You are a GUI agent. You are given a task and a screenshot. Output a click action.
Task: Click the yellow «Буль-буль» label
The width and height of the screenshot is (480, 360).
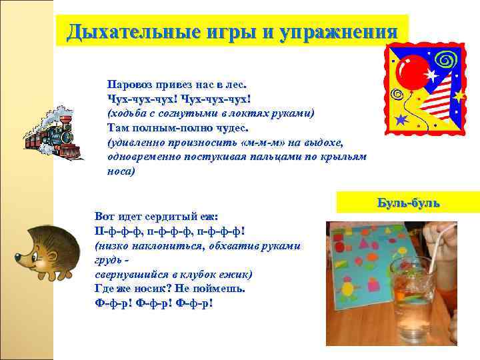408,203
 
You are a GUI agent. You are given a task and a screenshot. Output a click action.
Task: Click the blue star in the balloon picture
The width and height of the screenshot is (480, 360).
401,120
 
